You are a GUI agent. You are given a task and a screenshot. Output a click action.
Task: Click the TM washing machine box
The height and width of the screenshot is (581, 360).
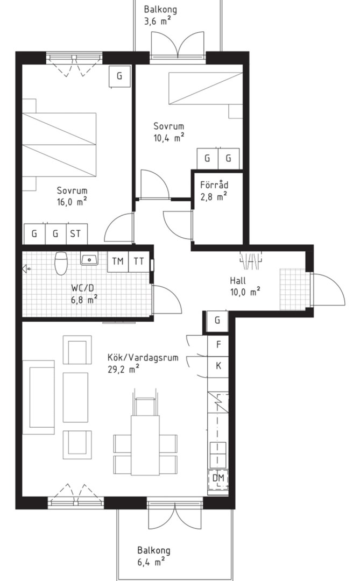click(x=118, y=261)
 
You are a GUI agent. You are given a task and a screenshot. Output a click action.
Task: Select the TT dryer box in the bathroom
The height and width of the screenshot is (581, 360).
click(x=139, y=261)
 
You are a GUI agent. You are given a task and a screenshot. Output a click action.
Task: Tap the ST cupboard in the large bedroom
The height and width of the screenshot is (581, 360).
click(x=77, y=234)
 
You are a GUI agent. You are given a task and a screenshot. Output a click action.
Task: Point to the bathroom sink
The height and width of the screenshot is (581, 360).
click(x=89, y=259)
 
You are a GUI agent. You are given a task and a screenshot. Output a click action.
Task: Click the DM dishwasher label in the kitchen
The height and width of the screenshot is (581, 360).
click(x=218, y=478)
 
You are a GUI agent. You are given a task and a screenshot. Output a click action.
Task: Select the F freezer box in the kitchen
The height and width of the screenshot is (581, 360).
click(x=218, y=345)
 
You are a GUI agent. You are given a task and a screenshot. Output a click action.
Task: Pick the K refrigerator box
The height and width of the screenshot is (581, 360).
click(x=218, y=366)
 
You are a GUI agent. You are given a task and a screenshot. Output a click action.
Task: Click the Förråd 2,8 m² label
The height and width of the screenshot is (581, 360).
click(x=214, y=190)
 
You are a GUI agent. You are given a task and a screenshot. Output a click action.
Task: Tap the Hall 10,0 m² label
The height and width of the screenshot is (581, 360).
click(x=245, y=286)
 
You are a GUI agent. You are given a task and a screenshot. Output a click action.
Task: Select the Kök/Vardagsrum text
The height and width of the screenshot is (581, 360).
click(x=143, y=358)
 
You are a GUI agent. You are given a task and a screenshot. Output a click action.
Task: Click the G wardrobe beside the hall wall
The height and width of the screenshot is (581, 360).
click(x=217, y=320)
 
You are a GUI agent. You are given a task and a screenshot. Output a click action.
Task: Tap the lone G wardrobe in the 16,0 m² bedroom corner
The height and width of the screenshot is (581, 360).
click(x=119, y=76)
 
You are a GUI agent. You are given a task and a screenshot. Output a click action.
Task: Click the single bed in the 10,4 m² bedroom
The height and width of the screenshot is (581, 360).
click(x=206, y=88)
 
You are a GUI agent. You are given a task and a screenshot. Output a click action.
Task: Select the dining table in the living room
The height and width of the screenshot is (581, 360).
click(x=145, y=445)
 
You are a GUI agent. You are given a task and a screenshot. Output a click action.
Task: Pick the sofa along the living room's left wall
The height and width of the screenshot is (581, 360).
click(x=38, y=397)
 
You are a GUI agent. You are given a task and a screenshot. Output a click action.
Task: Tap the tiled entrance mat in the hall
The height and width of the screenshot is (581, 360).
click(x=294, y=289)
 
